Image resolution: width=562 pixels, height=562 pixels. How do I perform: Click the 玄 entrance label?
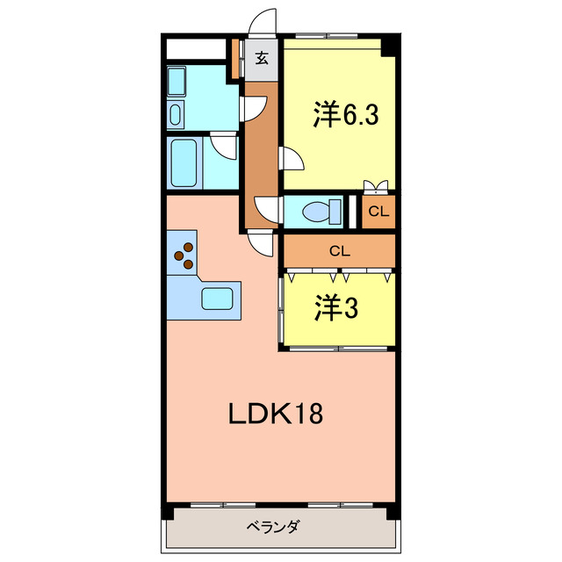point(262,59)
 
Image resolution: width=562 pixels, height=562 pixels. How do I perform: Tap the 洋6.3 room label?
point(346,115)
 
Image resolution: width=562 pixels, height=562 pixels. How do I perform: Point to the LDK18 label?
point(276,413)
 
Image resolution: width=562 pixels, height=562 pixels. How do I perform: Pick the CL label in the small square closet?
point(378,212)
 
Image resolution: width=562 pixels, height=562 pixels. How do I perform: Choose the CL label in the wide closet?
point(339,250)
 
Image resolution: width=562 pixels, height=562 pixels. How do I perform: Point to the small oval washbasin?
point(174,114)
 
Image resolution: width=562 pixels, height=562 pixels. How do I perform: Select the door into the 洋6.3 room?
point(292,158)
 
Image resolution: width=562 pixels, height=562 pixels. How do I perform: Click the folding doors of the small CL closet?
point(376,185)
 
